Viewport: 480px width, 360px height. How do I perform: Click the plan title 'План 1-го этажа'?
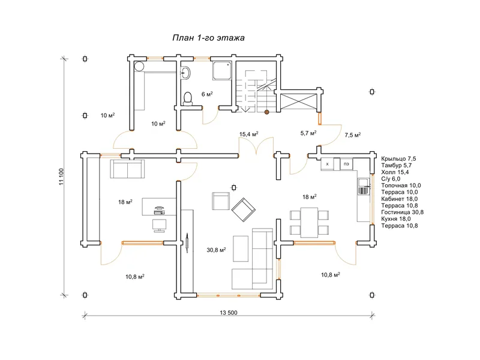click(x=208, y=38)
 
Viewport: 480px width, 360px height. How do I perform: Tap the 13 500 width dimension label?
click(x=229, y=313)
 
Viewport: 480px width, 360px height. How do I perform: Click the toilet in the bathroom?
click(x=188, y=98)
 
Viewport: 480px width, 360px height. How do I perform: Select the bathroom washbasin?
click(x=185, y=73)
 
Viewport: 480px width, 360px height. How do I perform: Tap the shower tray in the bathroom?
click(x=222, y=71)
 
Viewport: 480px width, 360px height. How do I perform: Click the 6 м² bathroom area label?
click(x=207, y=94)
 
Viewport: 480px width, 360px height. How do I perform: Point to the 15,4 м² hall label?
click(x=248, y=134)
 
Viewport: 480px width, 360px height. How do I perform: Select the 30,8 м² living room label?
click(x=216, y=250)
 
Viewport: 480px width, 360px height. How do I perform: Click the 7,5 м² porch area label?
click(x=353, y=134)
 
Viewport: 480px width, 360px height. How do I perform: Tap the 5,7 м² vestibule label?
click(x=308, y=133)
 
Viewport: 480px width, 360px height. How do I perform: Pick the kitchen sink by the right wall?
click(x=364, y=187)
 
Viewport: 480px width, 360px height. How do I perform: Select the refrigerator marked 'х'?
click(x=327, y=164)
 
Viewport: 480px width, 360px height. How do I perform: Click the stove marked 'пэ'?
click(x=346, y=164)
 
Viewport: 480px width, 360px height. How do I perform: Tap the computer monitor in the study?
click(x=159, y=226)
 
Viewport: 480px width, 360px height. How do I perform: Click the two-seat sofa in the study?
click(x=128, y=169)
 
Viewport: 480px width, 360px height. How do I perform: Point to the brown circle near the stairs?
click(x=266, y=112)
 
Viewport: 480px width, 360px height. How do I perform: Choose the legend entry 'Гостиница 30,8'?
click(x=402, y=212)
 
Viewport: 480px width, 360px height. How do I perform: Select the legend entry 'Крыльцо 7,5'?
click(x=398, y=158)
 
